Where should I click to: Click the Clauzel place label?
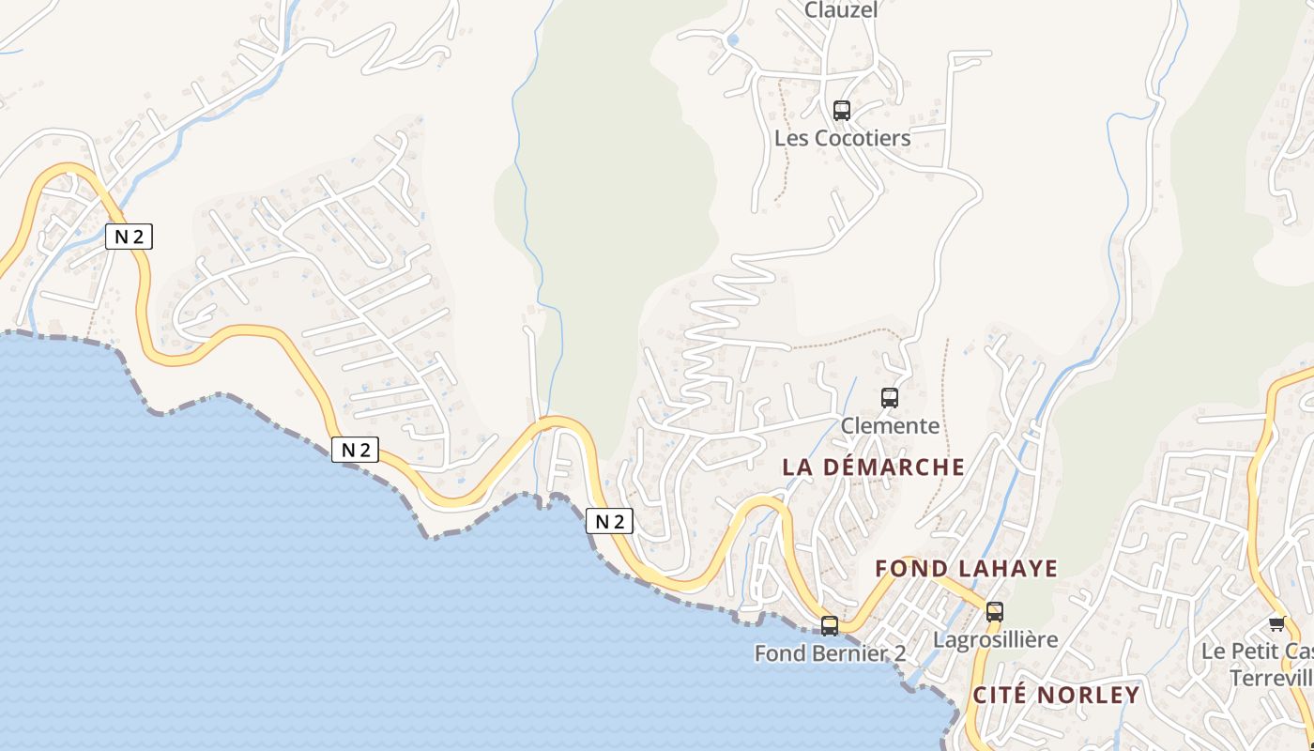point(841,10)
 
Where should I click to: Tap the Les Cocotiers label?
point(842,138)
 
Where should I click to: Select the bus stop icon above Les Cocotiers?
point(842,111)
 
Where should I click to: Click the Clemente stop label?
point(890,425)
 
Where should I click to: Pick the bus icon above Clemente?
point(890,398)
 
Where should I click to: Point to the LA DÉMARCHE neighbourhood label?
point(873,467)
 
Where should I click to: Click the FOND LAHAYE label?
point(966,568)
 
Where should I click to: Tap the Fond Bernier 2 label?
point(830,652)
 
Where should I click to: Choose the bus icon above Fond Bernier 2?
point(830,626)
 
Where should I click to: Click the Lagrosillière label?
point(995,639)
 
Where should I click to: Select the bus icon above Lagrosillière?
point(995,612)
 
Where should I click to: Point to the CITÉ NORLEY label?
point(1056,696)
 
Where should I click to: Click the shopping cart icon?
point(1276,623)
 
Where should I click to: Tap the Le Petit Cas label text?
point(1258,651)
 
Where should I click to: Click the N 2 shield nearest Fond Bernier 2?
point(610,521)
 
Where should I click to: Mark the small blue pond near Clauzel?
point(733,39)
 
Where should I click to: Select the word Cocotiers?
point(863,138)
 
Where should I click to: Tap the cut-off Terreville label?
point(1271,678)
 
